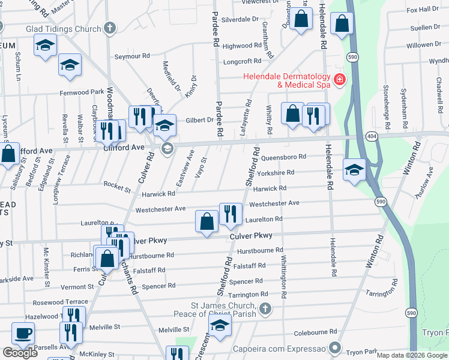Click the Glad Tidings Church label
coord(62,28)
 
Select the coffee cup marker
coord(23,333)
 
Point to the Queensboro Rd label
coord(284,157)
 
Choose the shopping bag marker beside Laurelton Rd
coord(206,221)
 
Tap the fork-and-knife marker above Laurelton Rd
coord(231,214)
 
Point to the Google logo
coord(20,353)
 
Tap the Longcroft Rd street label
coord(242,61)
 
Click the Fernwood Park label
coord(82,92)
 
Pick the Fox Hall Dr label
coord(423,10)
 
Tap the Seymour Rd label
coord(131,56)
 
